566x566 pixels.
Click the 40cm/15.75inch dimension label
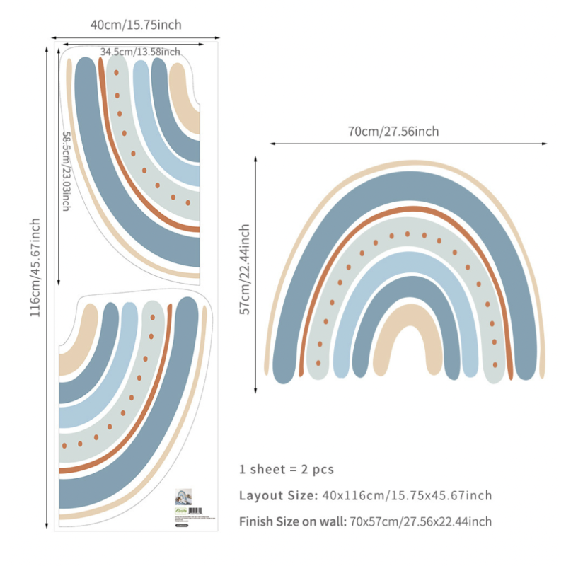[136, 25]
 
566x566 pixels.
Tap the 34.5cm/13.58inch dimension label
[139, 52]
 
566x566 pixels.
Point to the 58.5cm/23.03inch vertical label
[66, 171]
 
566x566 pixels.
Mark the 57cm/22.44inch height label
[245, 269]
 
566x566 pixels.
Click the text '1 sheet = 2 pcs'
[286, 469]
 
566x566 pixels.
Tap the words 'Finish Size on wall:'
[291, 522]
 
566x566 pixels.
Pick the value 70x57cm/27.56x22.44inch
[419, 522]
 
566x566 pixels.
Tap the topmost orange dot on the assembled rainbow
[408, 233]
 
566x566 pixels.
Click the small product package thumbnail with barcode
[187, 504]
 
